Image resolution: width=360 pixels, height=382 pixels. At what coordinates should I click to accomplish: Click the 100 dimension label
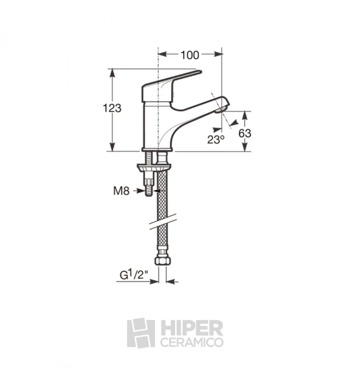[189, 55]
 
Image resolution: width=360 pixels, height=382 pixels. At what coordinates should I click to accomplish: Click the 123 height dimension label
[112, 108]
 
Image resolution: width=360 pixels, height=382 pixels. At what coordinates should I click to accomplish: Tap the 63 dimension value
[245, 133]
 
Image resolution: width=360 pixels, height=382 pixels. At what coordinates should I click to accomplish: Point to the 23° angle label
[216, 140]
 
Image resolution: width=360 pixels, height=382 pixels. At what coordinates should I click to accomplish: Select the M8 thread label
[121, 191]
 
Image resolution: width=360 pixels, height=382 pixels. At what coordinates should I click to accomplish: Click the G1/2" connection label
[134, 275]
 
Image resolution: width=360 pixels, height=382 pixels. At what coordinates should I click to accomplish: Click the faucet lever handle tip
[200, 72]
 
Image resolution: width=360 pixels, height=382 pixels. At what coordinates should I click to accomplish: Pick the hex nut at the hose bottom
[163, 261]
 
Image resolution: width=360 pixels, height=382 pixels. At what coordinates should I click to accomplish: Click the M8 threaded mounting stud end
[149, 193]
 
